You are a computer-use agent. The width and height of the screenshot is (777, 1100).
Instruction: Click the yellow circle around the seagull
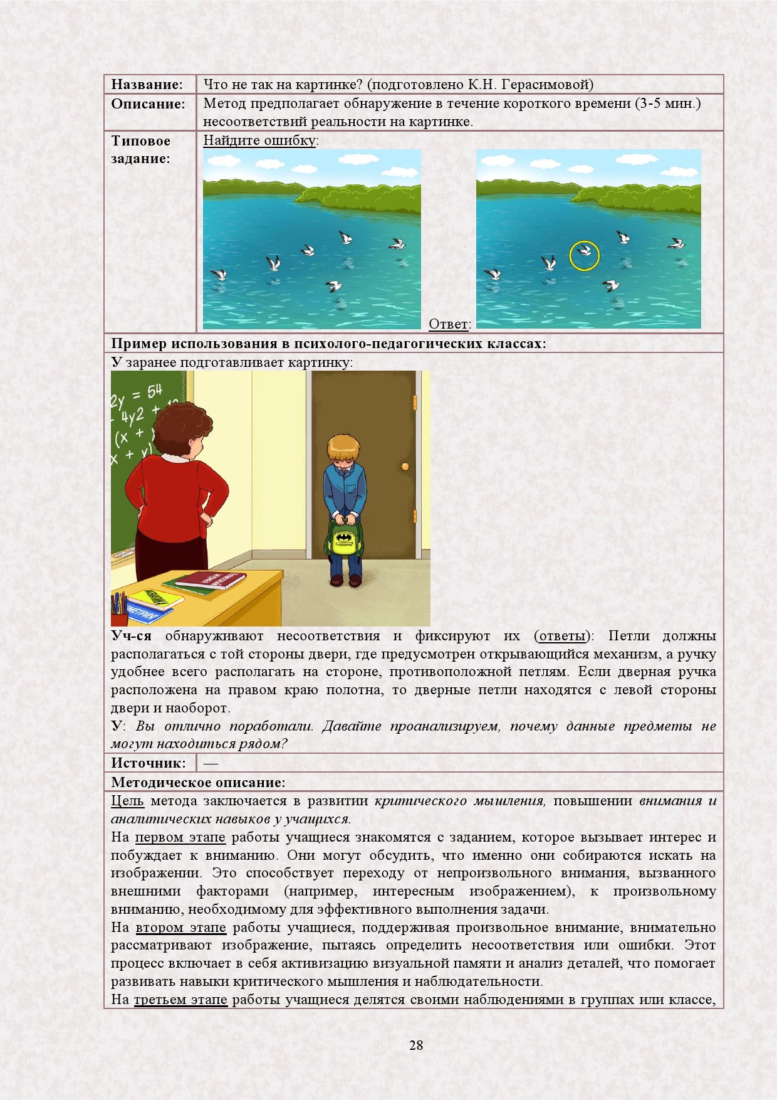pos(584,255)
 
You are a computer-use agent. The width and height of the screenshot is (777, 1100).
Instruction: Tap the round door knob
pos(405,466)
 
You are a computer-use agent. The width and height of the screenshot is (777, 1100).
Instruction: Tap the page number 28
pos(416,1045)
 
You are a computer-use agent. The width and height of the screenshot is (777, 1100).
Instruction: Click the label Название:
pos(147,85)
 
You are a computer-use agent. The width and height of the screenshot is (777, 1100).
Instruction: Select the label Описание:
pos(149,104)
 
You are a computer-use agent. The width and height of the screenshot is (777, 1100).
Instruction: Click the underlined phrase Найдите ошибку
pos(259,140)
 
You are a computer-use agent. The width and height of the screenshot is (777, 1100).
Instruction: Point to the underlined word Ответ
pos(448,324)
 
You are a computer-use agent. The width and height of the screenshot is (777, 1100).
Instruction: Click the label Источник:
pos(149,763)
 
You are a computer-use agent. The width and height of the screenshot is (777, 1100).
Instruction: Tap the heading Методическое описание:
pos(198,782)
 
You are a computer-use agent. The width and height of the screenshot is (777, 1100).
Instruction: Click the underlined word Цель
pos(127,801)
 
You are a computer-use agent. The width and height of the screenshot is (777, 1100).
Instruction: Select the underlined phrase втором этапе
pos(180,928)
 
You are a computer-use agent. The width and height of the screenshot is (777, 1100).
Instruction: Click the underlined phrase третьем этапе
pos(180,1000)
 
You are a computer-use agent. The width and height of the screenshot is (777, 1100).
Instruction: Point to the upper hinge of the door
pos(415,401)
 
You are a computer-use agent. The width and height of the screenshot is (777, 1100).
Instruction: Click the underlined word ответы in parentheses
pos(562,636)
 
